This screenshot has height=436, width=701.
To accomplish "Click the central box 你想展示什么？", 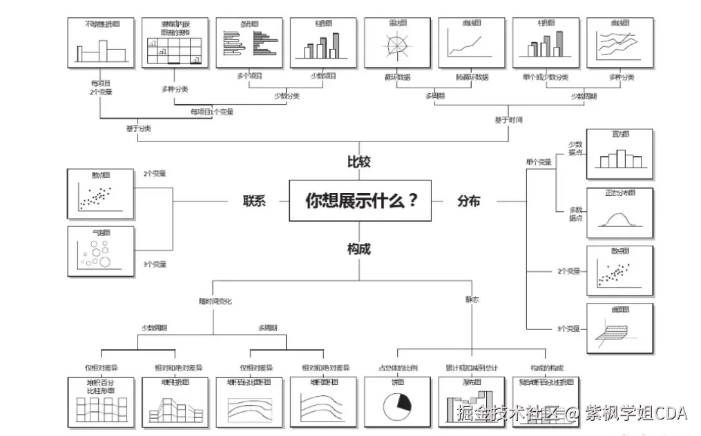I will click(361, 201).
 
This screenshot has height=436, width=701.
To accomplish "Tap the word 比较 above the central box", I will click(358, 162).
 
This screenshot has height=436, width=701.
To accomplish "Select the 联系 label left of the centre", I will click(253, 201).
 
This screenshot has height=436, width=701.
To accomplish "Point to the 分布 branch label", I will click(468, 201).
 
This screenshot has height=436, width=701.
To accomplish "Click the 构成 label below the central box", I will click(358, 249).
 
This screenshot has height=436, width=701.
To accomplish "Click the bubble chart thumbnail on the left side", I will click(100, 252).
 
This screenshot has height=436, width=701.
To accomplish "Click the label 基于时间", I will click(508, 120).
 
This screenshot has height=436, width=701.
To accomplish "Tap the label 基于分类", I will click(138, 128).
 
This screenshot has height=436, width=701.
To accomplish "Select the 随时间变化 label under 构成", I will click(215, 301).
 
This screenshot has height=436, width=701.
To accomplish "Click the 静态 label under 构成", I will click(472, 300).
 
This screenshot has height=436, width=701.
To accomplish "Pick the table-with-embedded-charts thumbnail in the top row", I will click(175, 43).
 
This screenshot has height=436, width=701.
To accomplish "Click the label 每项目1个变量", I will click(212, 112).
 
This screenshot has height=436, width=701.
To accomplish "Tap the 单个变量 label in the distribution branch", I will click(539, 162).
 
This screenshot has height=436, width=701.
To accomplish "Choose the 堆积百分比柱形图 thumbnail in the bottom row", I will click(100, 402).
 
